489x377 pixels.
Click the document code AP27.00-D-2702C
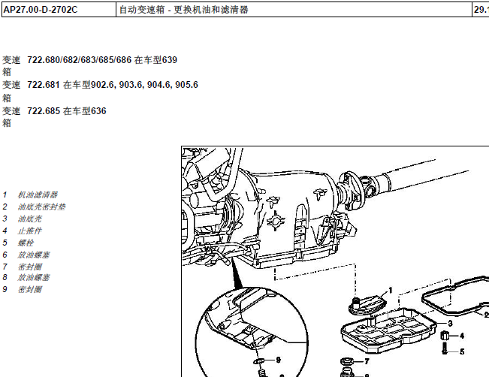[x=41, y=10]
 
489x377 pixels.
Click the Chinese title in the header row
[x=184, y=10]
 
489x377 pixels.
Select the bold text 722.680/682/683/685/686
[x=79, y=59]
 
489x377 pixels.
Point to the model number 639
[x=170, y=59]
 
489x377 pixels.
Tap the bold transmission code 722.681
[x=44, y=85]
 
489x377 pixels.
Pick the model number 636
[x=98, y=110]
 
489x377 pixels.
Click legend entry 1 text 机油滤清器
[x=38, y=195]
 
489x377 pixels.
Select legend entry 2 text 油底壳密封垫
[x=41, y=207]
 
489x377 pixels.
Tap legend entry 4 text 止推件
[x=29, y=231]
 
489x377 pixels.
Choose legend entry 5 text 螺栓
[x=26, y=243]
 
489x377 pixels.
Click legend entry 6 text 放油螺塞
[x=34, y=255]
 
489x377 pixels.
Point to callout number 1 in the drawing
[x=391, y=291]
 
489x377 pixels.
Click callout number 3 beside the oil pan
[x=450, y=324]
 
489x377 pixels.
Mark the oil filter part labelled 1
[x=367, y=305]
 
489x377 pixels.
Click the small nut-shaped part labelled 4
[x=445, y=336]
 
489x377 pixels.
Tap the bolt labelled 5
[x=445, y=348]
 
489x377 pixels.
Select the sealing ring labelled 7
[x=347, y=362]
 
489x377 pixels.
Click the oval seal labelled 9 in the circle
[x=259, y=361]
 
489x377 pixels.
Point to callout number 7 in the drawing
[x=367, y=361]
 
